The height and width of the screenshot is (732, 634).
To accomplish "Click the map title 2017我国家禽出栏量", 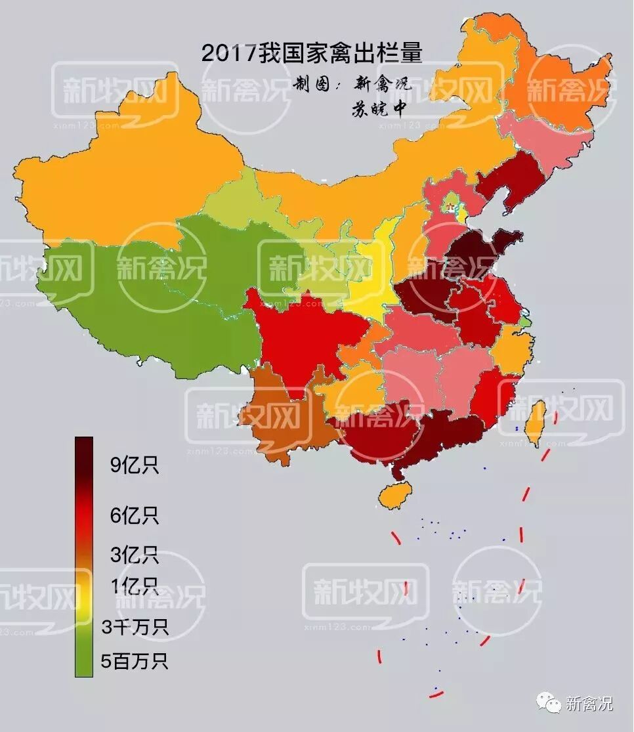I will click(312, 53).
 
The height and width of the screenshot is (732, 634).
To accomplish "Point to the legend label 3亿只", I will click(134, 555).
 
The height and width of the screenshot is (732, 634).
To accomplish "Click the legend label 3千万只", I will click(135, 627).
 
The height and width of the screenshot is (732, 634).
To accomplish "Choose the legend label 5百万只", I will click(135, 660).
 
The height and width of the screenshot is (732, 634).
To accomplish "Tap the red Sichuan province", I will click(302, 335).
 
